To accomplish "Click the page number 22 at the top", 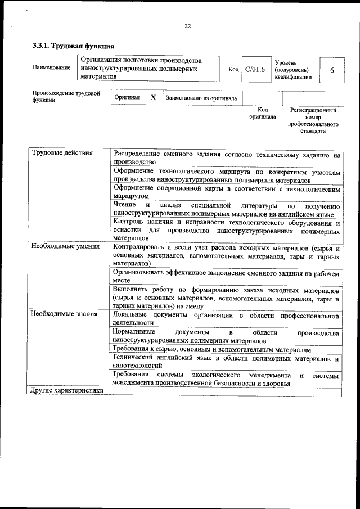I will tap(187, 25).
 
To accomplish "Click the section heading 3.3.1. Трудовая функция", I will tap(74, 47).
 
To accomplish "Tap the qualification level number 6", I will tap(332, 70).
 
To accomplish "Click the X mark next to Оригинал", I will tap(153, 97).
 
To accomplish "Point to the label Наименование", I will tap(52, 68).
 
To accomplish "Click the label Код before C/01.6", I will tap(233, 70).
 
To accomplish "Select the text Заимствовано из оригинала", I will tap(201, 98).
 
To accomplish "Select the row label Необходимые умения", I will tap(66, 246).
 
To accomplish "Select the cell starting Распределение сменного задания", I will tap(226, 157).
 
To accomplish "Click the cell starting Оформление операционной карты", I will tap(226, 192).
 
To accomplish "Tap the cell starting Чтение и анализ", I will tap(226, 209).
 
